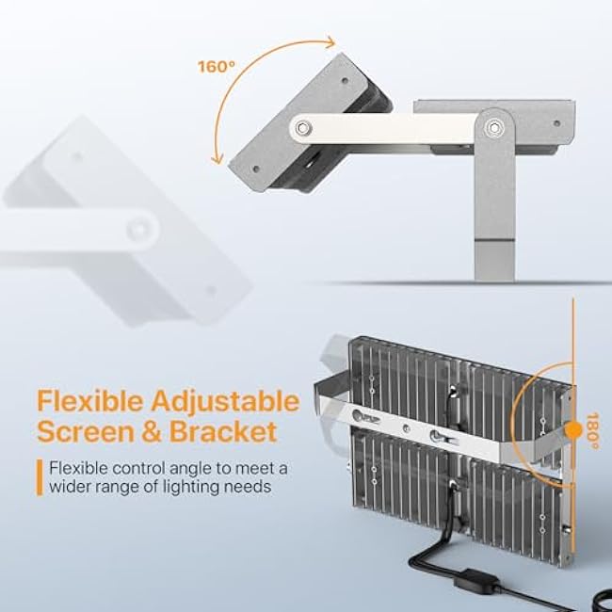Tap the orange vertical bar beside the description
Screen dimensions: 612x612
(x=39, y=476)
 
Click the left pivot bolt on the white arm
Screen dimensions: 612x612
(x=302, y=127)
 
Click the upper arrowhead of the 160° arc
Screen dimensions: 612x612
(x=330, y=40)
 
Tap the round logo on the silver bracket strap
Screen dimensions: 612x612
(x=360, y=414)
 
